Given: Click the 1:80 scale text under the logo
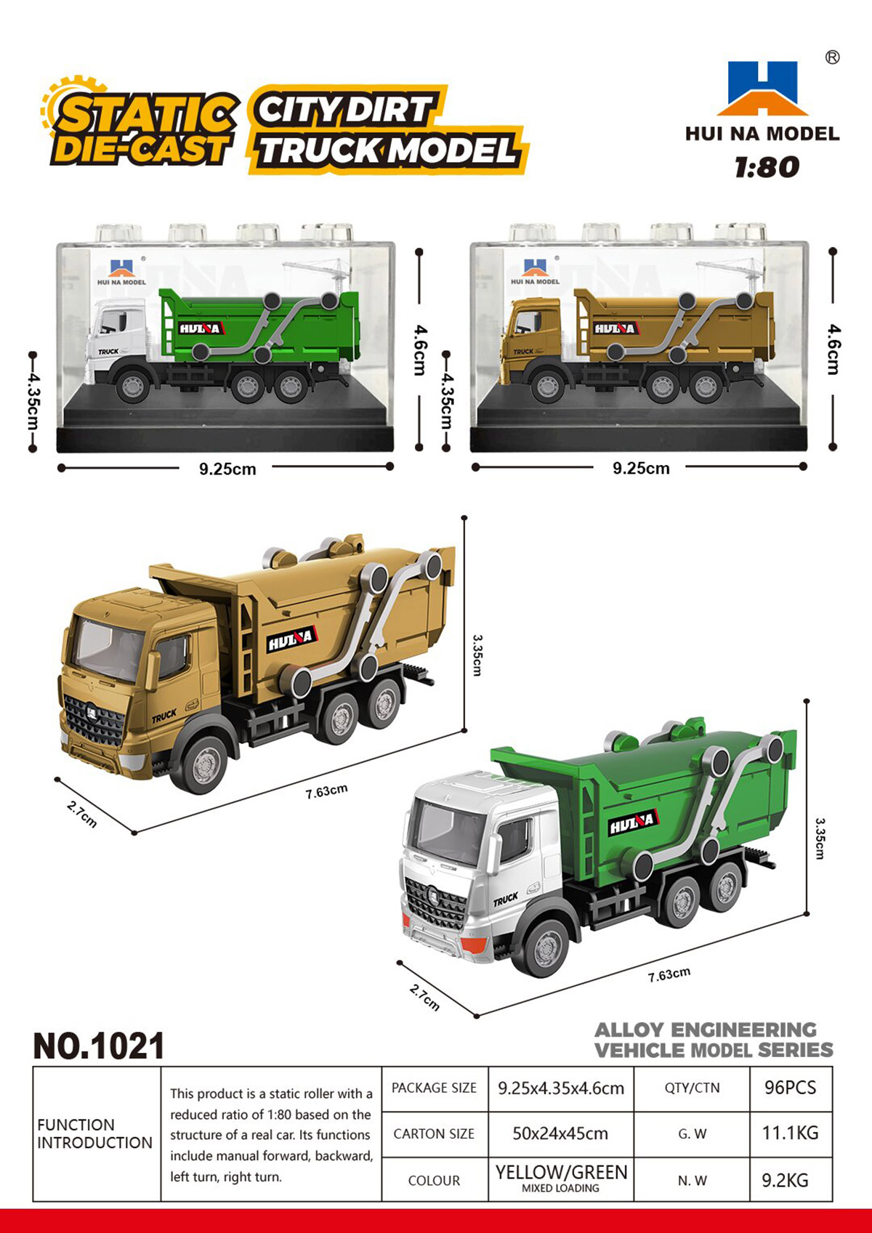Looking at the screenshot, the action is (767, 167).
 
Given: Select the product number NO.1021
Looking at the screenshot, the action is (99, 1046).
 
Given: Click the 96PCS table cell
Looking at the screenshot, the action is (790, 1088).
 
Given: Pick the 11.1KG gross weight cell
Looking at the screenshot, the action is (790, 1133).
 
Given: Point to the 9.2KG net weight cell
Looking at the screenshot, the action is (785, 1180).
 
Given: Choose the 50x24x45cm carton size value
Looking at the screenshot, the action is (560, 1134).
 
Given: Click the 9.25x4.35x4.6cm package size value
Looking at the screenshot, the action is (561, 1088).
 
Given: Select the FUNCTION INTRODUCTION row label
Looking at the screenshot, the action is (94, 1133).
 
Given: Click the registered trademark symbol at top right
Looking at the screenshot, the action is (832, 57).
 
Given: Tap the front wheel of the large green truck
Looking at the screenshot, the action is (546, 948).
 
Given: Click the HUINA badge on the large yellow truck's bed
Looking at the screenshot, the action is (292, 639).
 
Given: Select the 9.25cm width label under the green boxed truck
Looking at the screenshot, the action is (227, 469).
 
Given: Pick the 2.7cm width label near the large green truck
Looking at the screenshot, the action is (424, 998).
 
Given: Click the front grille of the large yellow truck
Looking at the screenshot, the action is (94, 721).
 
